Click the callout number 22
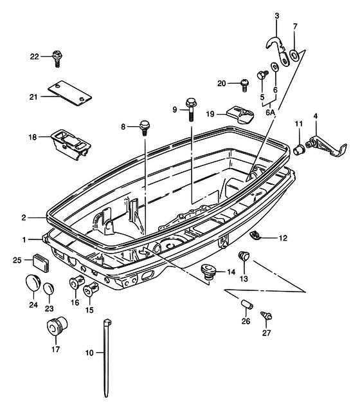coord(34,57)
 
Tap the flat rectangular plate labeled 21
coord(70,93)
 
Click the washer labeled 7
coord(294,55)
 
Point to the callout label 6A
coord(271,113)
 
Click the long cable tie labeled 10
coord(107,358)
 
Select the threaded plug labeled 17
coord(57,326)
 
